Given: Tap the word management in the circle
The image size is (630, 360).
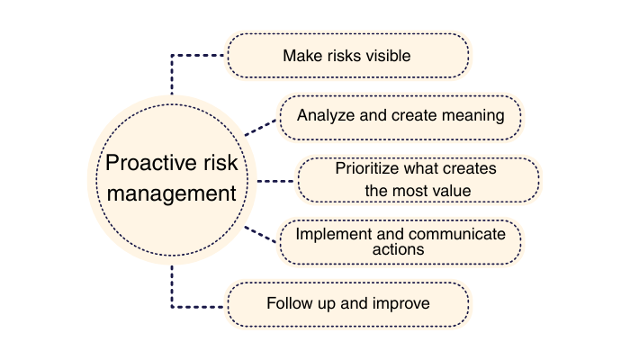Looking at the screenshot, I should click(170, 193).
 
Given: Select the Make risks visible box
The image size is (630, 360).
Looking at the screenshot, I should click(347, 56).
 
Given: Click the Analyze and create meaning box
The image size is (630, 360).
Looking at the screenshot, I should click(399, 116).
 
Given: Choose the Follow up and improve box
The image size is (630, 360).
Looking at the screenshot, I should click(347, 304).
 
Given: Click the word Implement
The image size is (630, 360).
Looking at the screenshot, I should click(328, 234).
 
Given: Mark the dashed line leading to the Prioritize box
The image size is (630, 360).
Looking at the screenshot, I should click(275, 180).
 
